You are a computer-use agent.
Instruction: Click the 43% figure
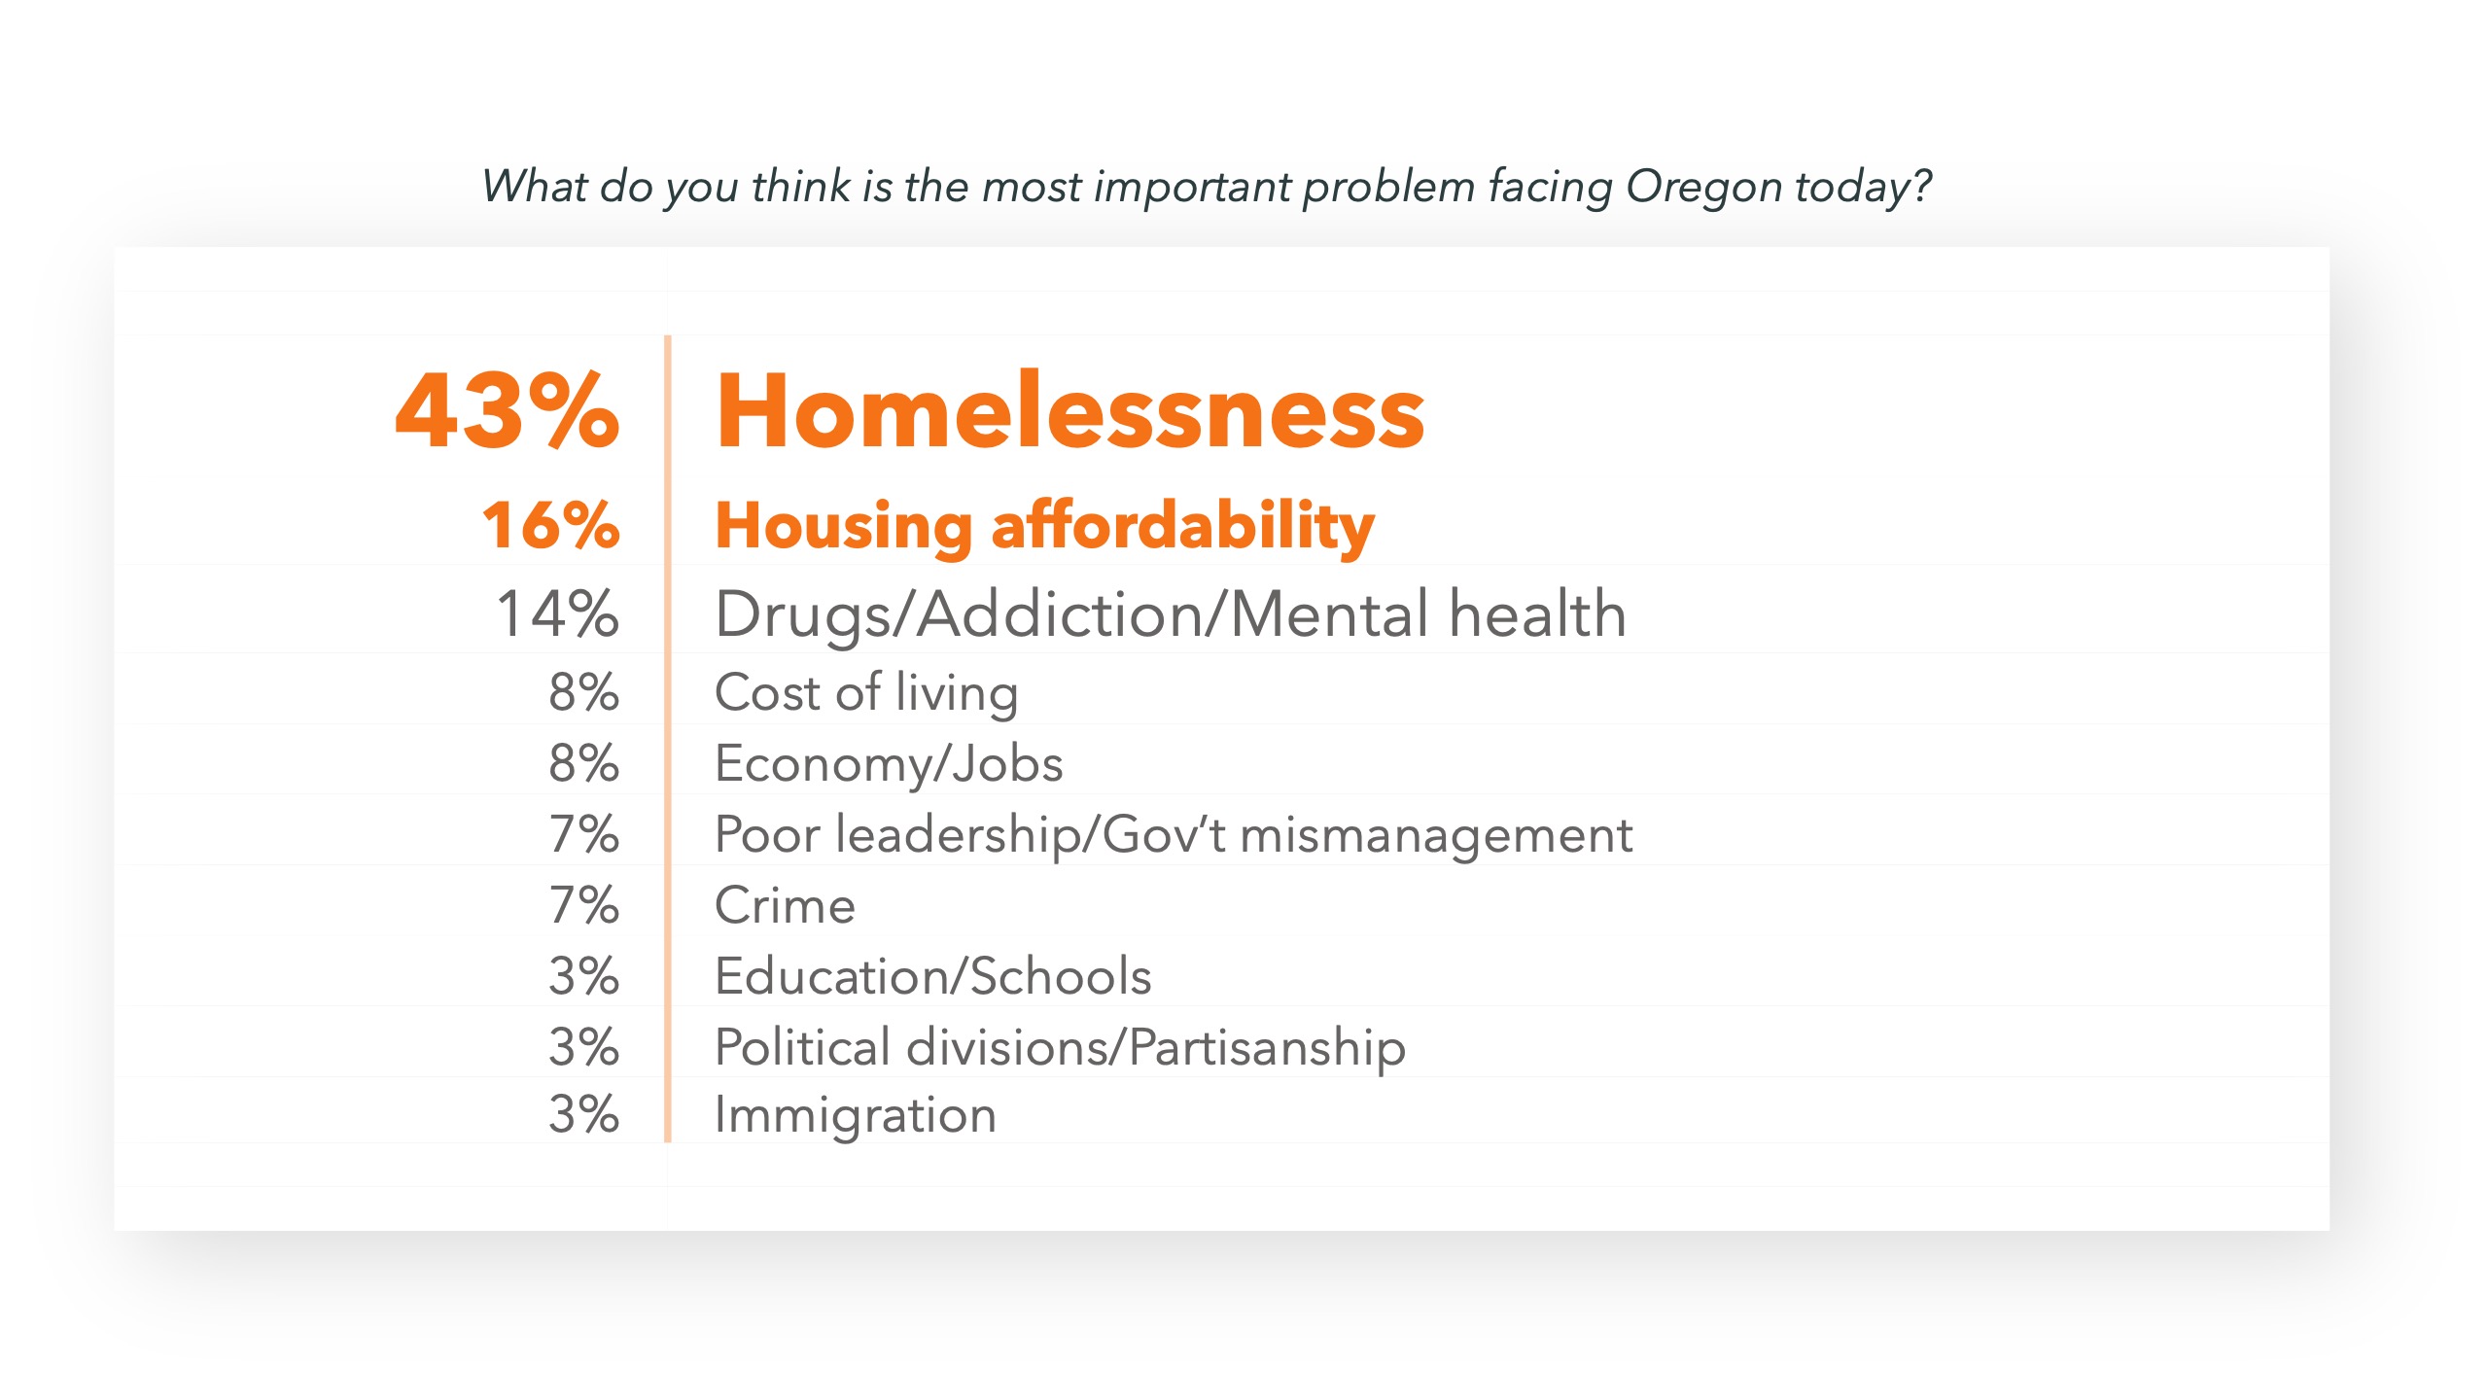click(507, 411)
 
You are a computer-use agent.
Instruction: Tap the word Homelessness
click(1069, 411)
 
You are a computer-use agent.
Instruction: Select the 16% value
click(550, 525)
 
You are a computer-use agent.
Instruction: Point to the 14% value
click(557, 613)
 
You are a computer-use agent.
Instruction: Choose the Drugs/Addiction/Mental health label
click(1171, 614)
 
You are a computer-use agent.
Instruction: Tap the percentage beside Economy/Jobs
click(583, 763)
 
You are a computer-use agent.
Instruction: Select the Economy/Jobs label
click(889, 764)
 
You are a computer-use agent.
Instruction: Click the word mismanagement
click(1436, 835)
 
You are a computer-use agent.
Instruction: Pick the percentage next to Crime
click(583, 905)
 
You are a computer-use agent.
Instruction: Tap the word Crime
click(785, 906)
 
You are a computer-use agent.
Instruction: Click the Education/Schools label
click(933, 976)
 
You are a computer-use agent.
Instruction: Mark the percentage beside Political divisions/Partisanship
click(583, 1047)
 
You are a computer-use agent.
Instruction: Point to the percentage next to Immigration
click(583, 1114)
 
